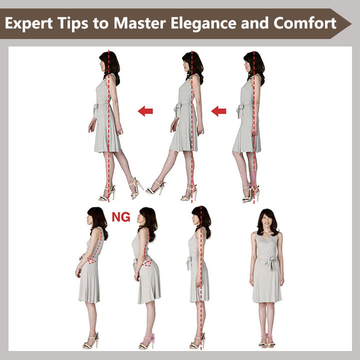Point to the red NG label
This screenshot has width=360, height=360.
[121, 217]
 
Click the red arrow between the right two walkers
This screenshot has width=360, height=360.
[218, 111]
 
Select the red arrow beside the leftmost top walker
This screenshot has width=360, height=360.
[145, 111]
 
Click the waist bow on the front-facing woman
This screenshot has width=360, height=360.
[271, 261]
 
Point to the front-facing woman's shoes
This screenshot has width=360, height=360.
[267, 344]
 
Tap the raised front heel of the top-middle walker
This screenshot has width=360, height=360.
[156, 189]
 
